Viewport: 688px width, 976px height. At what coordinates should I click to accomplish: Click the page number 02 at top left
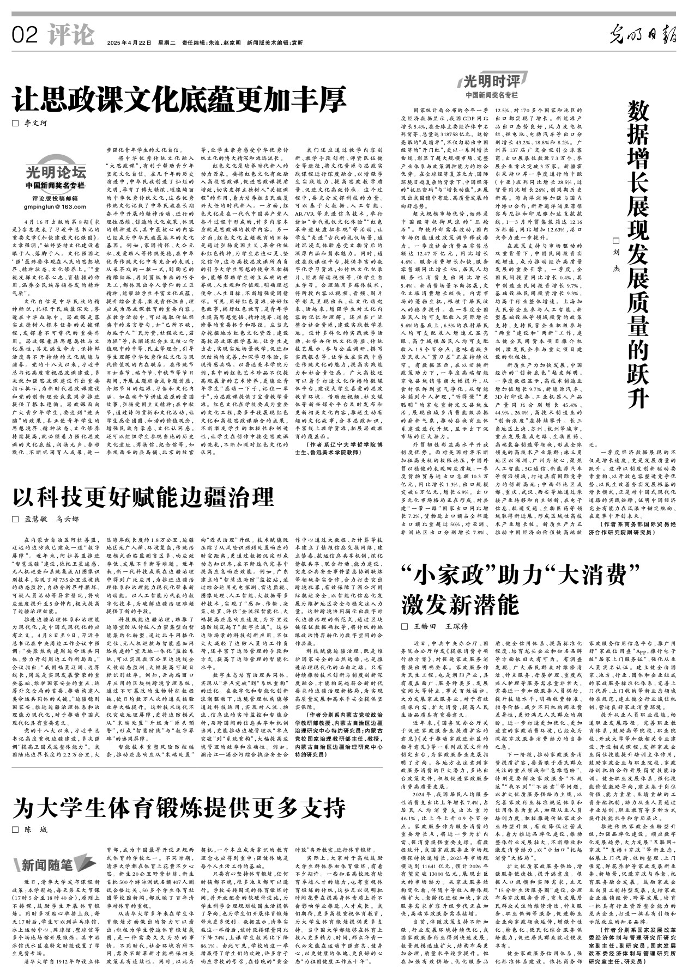(25, 36)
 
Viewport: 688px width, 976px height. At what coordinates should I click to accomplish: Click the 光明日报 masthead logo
(643, 35)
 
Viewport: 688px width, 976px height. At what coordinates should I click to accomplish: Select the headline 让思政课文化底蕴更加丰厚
(180, 99)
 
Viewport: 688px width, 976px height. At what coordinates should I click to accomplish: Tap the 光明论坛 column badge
(56, 173)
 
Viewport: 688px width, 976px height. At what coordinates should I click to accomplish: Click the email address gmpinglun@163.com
(55, 206)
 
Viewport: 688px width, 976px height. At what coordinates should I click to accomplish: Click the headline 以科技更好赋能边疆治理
(143, 497)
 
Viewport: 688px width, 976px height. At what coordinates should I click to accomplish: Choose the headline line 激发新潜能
(461, 605)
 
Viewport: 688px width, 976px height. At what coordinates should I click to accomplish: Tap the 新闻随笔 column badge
(51, 864)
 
